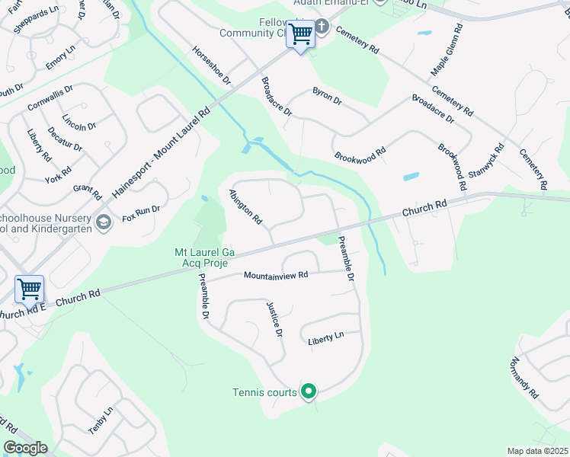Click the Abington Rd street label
(x=246, y=206)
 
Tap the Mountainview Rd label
(x=276, y=275)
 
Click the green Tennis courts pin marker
(x=309, y=392)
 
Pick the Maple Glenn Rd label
(x=447, y=50)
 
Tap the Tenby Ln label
(x=101, y=420)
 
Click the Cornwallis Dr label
(x=50, y=98)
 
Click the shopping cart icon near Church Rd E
(x=29, y=289)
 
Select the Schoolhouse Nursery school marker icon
(x=104, y=222)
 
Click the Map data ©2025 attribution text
(x=536, y=451)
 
